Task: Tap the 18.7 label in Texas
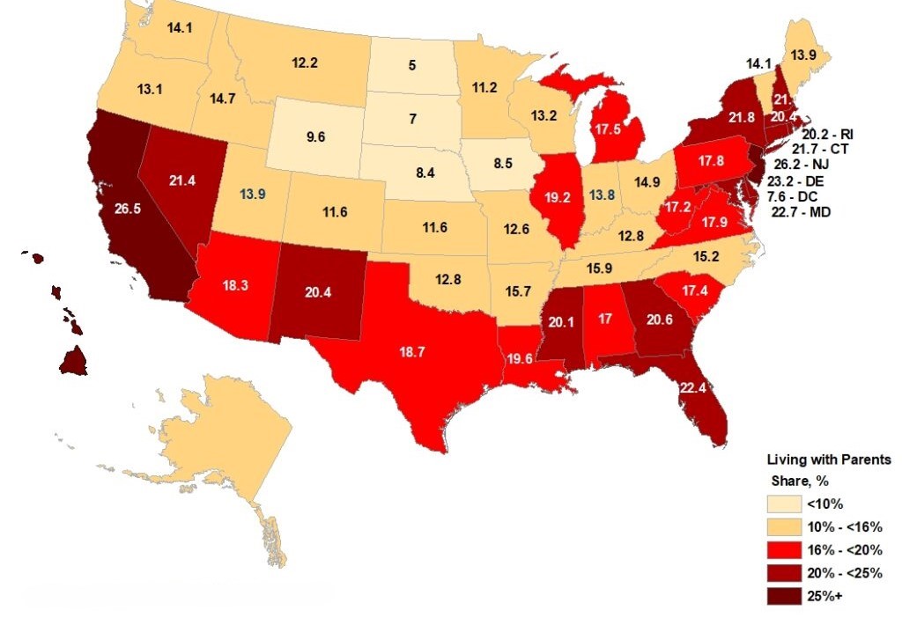coord(410,351)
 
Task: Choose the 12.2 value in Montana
coord(305,63)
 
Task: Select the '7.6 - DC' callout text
coord(797,196)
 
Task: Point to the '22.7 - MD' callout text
coord(802,212)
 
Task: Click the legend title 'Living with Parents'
coord(828,460)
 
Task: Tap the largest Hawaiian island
coord(74,361)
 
